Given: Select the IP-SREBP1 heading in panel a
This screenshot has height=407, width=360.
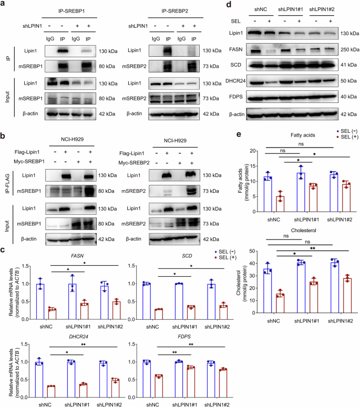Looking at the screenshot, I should pyautogui.click(x=72, y=10).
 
